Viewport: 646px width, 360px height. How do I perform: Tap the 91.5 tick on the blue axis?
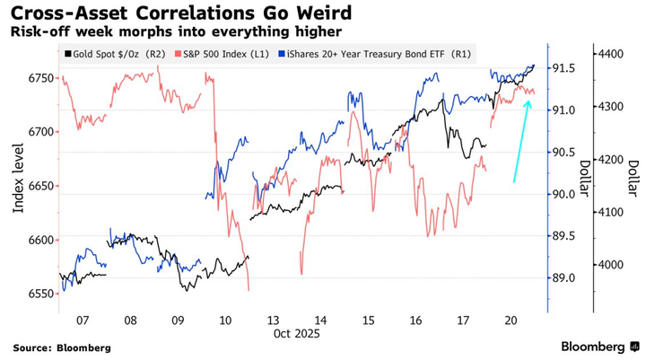click(x=563, y=68)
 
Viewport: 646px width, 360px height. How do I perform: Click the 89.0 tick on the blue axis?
click(x=563, y=278)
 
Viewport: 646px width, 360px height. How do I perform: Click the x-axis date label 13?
click(x=275, y=319)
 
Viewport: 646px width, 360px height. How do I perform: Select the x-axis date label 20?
click(x=511, y=319)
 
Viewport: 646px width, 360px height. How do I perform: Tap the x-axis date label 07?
click(x=83, y=319)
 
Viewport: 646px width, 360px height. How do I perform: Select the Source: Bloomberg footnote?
click(x=62, y=347)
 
